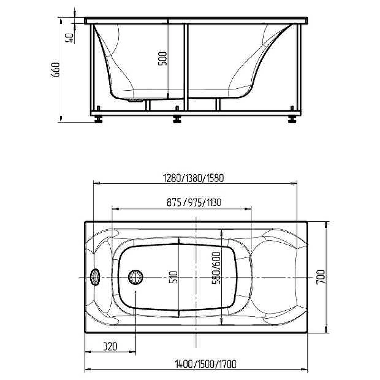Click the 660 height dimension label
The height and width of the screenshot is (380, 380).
(56, 70)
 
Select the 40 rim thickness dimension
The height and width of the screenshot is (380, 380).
(69, 38)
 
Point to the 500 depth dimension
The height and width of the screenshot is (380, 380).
(162, 58)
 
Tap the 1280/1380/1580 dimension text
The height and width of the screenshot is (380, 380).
(194, 178)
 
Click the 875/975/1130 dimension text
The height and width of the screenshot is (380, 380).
(194, 202)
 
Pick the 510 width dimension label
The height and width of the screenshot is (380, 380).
(173, 277)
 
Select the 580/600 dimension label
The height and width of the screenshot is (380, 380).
(216, 268)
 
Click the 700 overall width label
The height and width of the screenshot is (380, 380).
(321, 277)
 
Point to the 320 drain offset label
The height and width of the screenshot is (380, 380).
(110, 346)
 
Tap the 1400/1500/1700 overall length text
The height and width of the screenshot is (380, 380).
(206, 364)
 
